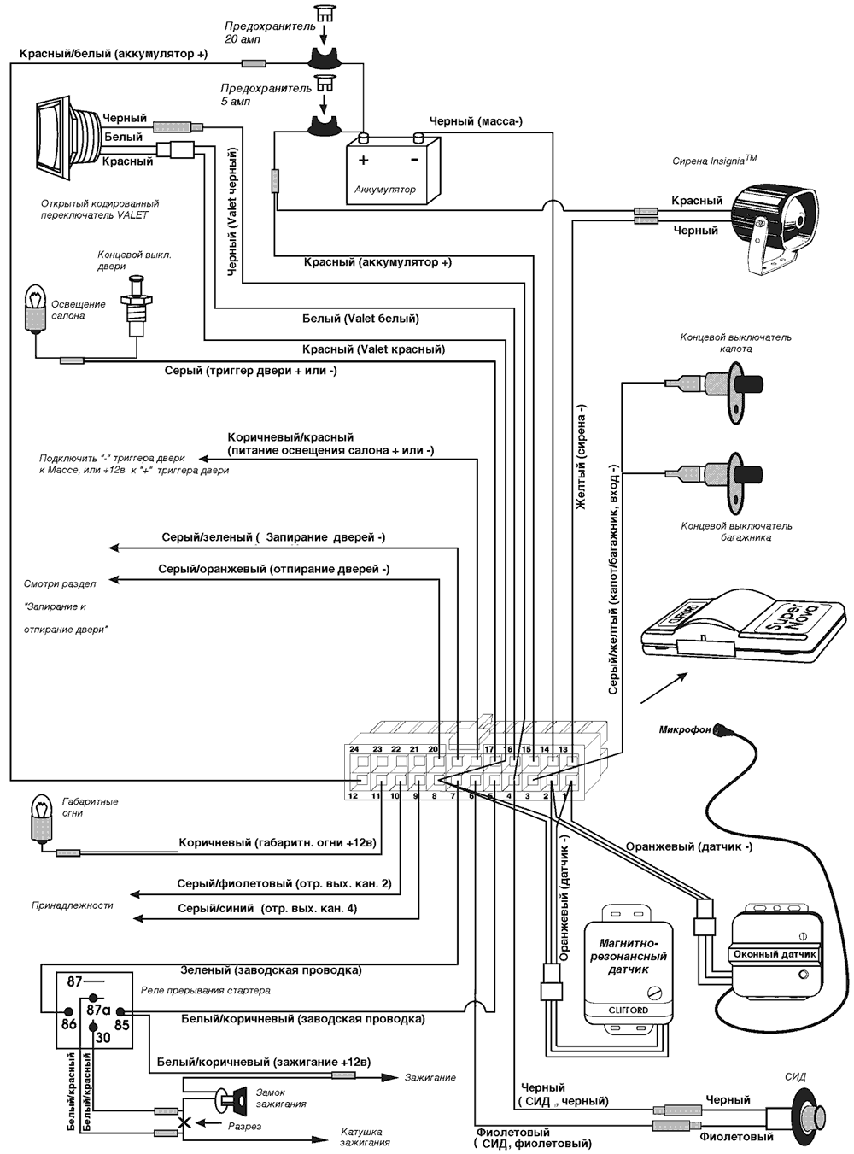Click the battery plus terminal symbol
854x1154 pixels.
point(364,160)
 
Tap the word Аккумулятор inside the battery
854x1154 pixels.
point(385,190)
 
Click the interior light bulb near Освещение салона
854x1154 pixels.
point(36,309)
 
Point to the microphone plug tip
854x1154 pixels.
point(721,730)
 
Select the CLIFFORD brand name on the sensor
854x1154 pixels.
point(628,1010)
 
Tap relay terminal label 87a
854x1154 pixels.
point(99,1008)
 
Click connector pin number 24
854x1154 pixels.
point(354,749)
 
